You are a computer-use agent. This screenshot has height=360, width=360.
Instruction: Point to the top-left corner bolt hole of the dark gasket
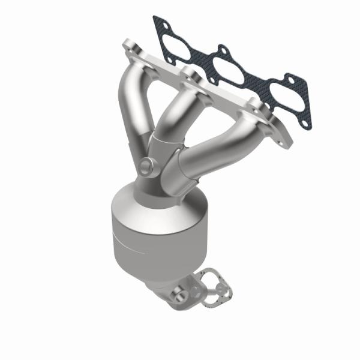[158, 24]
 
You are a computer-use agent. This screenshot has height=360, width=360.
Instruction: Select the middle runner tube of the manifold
[174, 111]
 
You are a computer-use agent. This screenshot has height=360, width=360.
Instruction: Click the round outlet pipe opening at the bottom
[178, 294]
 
